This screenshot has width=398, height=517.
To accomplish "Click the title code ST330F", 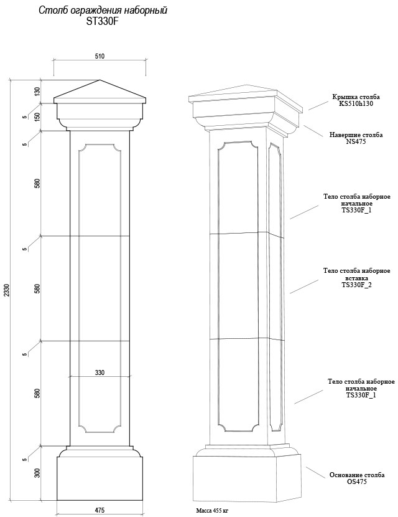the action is pyautogui.click(x=103, y=21).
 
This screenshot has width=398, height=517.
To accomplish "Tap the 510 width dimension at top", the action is pyautogui.click(x=99, y=56).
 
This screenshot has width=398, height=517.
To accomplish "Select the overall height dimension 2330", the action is pyautogui.click(x=7, y=290).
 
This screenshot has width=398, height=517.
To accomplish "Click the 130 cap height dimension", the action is pyautogui.click(x=37, y=92).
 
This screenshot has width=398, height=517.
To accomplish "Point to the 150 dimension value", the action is pyautogui.click(x=37, y=117).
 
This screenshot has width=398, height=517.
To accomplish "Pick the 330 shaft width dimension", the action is pyautogui.click(x=99, y=372).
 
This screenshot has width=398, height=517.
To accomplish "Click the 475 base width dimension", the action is pyautogui.click(x=99, y=510).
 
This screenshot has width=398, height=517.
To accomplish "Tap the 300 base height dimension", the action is pyautogui.click(x=37, y=473).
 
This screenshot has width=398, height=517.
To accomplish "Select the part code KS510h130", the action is pyautogui.click(x=356, y=103).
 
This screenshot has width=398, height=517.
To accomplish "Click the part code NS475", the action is pyautogui.click(x=356, y=141).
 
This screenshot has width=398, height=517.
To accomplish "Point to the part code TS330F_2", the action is pyautogui.click(x=356, y=285).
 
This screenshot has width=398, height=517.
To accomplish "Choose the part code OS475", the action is pyautogui.click(x=357, y=481).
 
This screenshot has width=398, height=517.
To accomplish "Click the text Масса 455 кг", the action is pyautogui.click(x=212, y=511).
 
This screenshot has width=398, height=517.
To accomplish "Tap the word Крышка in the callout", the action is pyautogui.click(x=343, y=97).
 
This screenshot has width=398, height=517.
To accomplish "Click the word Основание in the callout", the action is pyautogui.click(x=345, y=475).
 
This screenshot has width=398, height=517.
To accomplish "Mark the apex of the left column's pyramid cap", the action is pyautogui.click(x=99, y=80).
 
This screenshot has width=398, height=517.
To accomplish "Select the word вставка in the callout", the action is pyautogui.click(x=356, y=278).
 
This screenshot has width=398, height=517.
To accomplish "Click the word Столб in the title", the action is pyautogui.click(x=50, y=10).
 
